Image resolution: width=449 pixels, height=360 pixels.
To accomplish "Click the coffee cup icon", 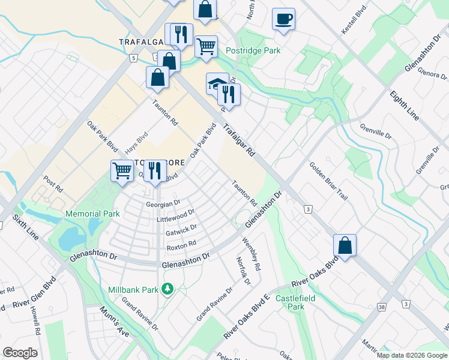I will click(x=283, y=19).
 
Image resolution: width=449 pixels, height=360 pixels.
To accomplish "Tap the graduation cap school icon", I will click(x=217, y=84).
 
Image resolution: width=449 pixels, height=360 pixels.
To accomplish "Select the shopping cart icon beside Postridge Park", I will click(x=206, y=46).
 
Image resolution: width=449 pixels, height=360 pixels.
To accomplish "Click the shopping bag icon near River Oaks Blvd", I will click(x=345, y=245).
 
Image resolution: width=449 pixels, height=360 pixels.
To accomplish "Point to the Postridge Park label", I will click(x=253, y=51).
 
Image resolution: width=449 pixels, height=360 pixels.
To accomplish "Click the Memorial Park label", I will click(x=92, y=214).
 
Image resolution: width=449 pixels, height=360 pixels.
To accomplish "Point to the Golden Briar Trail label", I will click(x=328, y=182).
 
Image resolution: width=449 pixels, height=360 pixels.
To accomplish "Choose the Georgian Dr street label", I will click(x=163, y=204).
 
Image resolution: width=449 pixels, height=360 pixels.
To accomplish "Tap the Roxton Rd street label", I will click(x=181, y=245).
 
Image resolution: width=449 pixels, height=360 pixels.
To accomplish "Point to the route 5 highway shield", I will click(x=132, y=58).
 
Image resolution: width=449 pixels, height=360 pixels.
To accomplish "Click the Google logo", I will click(x=20, y=353).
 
